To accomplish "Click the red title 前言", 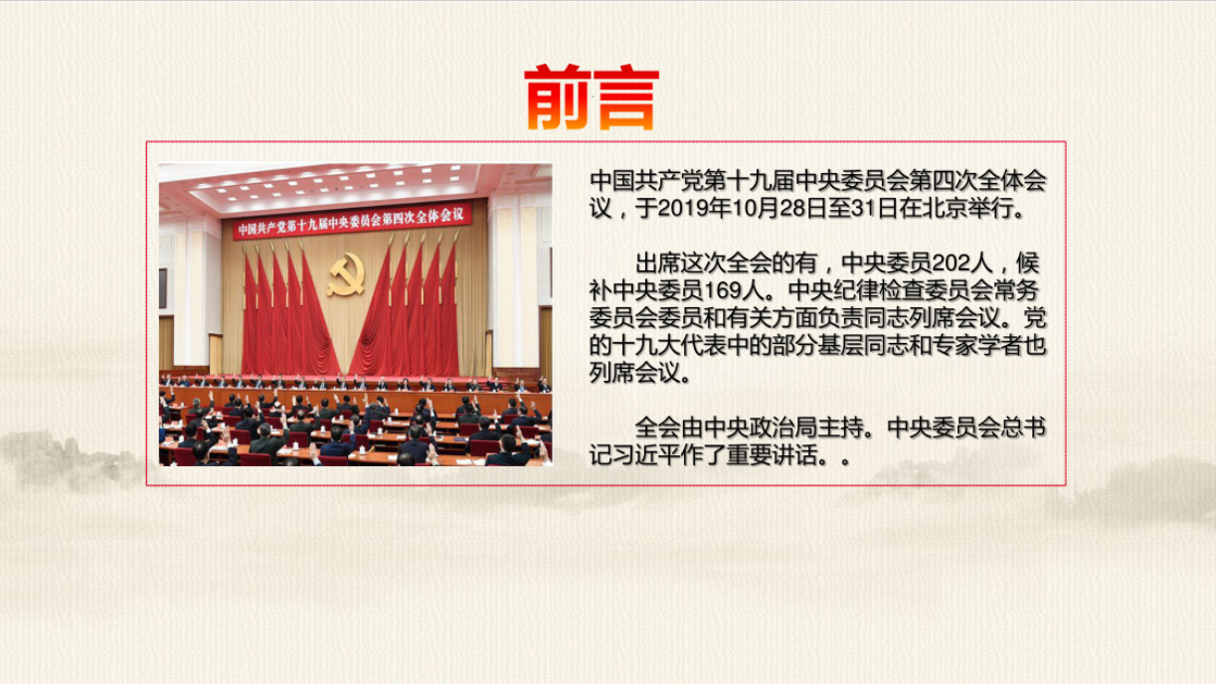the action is point(592,97).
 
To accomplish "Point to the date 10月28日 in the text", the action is point(780,209).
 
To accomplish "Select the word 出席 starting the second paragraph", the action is point(658,263).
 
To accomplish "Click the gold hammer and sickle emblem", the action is point(346,273).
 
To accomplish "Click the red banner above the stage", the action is point(352,221).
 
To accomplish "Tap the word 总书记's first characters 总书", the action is point(1024,428).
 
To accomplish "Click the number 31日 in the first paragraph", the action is point(874,209).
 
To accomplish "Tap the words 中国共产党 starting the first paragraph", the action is point(646,181).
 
